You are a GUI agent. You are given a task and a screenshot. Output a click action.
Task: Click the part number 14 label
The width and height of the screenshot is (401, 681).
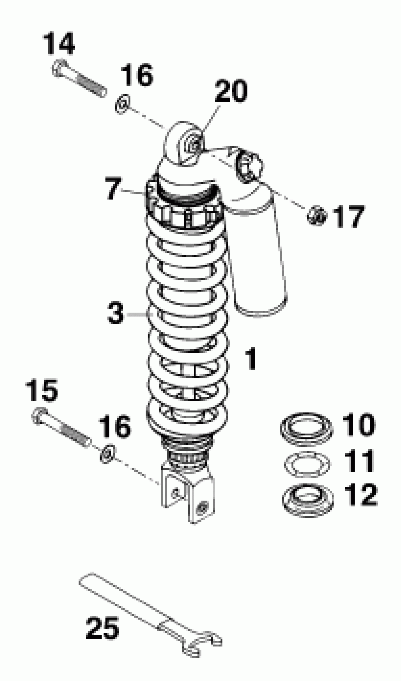click(59, 44)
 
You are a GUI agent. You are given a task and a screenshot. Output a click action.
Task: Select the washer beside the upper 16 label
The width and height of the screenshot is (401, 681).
click(122, 104)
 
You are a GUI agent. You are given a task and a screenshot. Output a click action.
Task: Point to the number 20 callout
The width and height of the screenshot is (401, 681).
click(231, 91)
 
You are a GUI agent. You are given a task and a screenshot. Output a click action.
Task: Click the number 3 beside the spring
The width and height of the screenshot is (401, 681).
click(115, 313)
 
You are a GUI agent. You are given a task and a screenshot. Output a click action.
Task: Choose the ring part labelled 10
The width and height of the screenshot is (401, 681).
click(306, 429)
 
